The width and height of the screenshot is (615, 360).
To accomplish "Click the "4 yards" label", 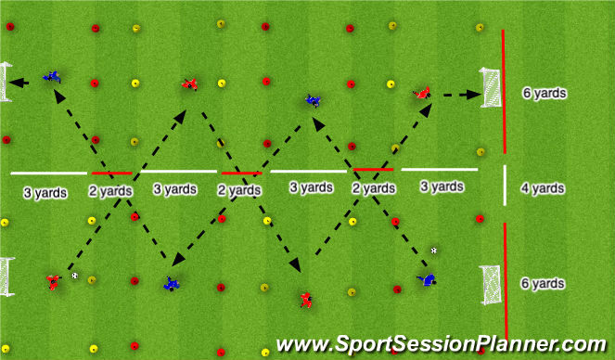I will (x=543, y=188).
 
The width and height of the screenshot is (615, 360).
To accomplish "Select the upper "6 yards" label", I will (x=545, y=94).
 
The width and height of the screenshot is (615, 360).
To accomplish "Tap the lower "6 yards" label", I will (x=545, y=282).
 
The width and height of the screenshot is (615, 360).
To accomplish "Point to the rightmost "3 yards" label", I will (x=442, y=186).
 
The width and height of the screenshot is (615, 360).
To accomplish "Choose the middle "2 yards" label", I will (x=239, y=189).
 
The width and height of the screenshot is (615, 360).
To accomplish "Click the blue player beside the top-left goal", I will (x=52, y=76).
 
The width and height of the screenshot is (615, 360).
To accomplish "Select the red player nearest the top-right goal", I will (x=422, y=92).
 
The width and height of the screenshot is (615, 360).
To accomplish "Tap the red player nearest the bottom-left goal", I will (x=53, y=280).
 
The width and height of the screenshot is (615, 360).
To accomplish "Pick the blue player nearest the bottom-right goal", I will (x=427, y=278).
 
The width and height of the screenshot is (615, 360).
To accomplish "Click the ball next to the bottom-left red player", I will (x=75, y=275).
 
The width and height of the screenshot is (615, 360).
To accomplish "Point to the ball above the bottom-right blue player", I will (x=434, y=250).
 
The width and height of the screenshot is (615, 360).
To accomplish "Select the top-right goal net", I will (x=491, y=87).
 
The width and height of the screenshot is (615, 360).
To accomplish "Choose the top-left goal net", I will (x=7, y=82).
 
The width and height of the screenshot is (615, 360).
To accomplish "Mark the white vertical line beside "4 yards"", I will (x=505, y=186).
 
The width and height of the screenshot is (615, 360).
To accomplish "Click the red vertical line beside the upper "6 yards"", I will (x=504, y=91).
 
